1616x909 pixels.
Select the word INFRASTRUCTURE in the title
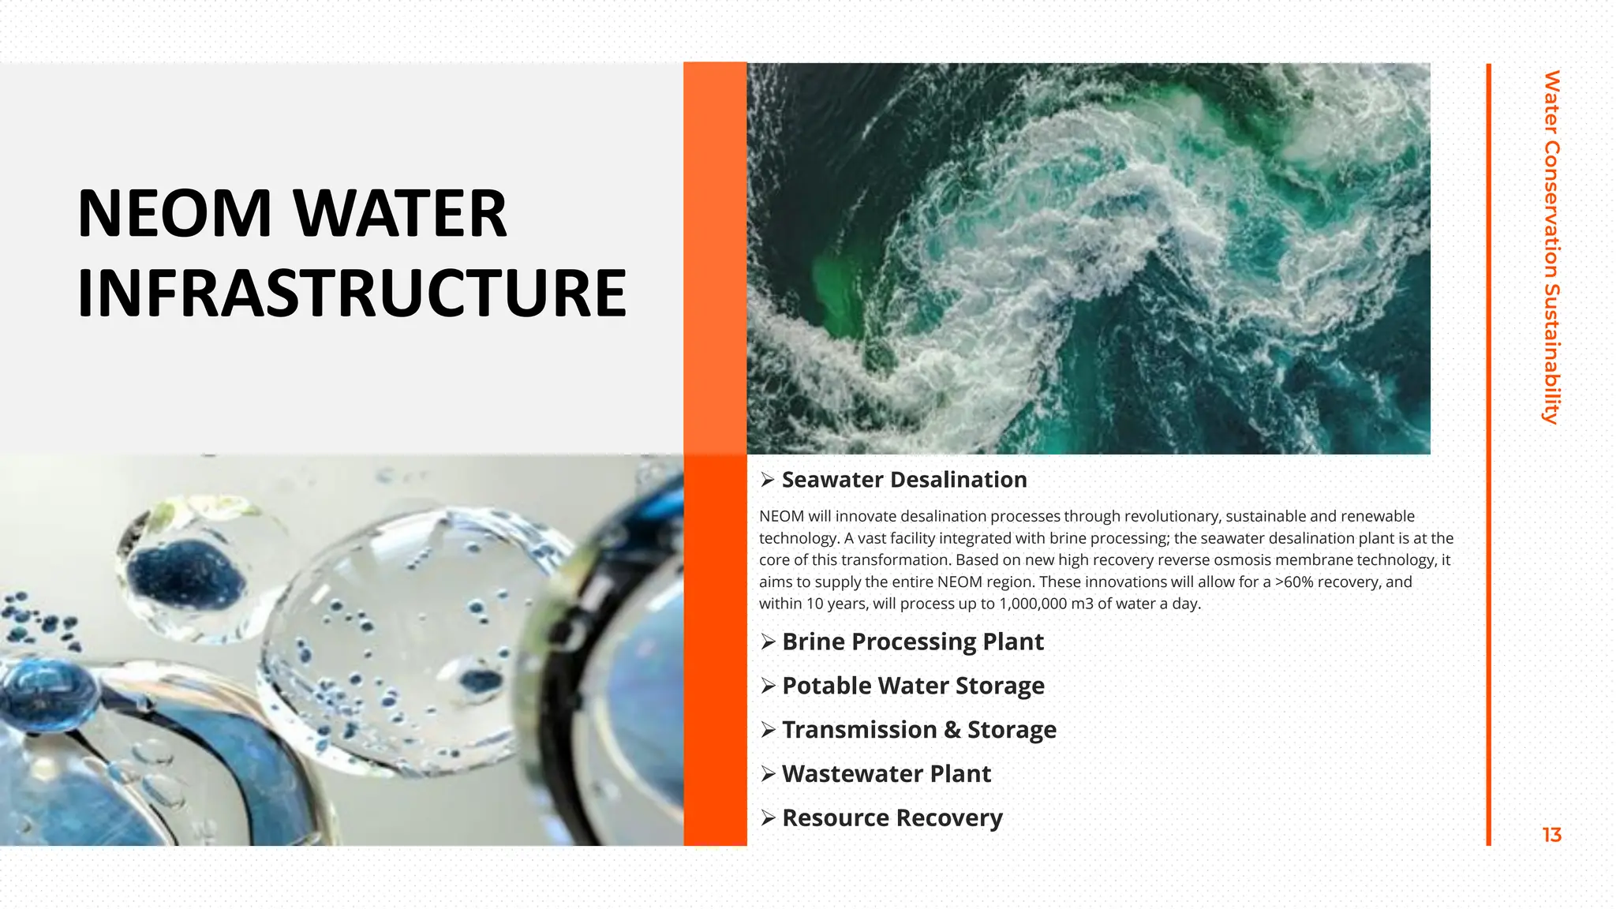point(352,294)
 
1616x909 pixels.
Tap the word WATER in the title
point(400,214)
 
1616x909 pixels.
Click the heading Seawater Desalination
point(904,480)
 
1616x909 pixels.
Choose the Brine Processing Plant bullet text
point(913,642)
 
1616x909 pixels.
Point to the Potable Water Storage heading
point(913,686)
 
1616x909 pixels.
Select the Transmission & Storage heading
point(919,730)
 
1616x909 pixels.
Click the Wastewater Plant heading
point(886,774)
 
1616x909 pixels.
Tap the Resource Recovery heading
point(892,818)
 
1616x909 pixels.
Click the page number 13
point(1551,835)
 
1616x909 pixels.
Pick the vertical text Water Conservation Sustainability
point(1551,247)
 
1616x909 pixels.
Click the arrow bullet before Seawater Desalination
point(768,480)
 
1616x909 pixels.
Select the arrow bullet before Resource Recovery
point(768,818)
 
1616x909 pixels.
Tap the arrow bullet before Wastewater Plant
point(768,774)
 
